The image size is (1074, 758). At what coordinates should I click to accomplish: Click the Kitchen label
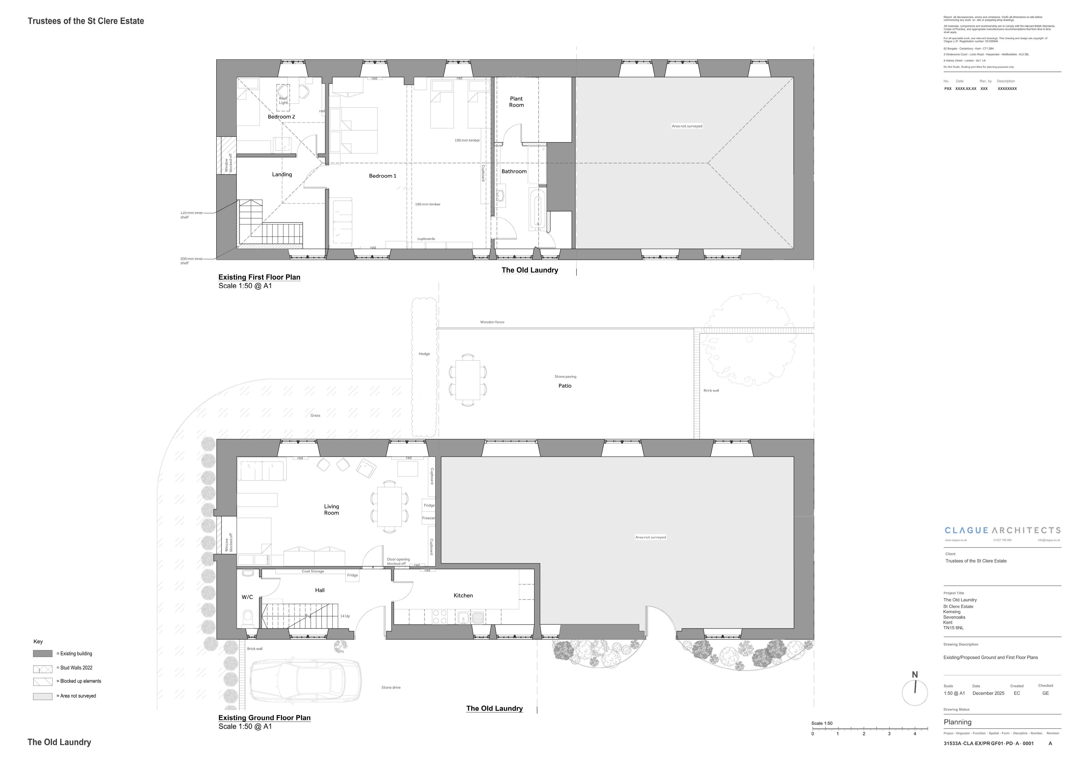pos(463,595)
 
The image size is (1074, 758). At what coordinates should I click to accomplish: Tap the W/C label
pos(247,597)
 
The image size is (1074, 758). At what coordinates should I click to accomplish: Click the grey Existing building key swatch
pos(43,654)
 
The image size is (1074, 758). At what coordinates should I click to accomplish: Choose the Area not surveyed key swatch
pos(43,696)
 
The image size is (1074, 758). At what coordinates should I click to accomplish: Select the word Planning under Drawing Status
pos(957,722)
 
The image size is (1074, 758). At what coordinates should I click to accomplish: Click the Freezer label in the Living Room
pos(429,518)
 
